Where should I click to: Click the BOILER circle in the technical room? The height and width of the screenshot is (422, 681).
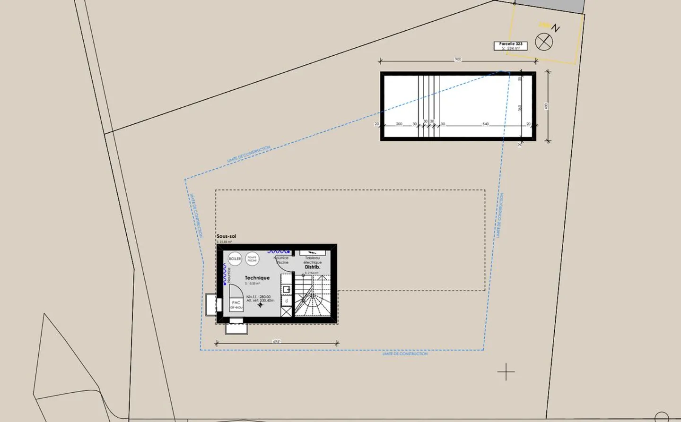click(235, 258)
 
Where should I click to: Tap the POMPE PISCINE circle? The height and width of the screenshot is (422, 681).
click(252, 258)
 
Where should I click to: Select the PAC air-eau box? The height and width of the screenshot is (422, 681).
click(236, 304)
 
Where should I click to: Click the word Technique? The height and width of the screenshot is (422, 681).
click(257, 278)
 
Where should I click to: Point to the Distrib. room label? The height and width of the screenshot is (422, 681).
click(312, 267)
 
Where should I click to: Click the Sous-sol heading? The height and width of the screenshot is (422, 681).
click(226, 236)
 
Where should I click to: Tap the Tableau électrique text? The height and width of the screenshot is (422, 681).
click(312, 260)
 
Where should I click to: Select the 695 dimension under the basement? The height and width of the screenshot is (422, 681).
click(277, 341)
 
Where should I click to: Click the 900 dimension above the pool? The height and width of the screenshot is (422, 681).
click(458, 60)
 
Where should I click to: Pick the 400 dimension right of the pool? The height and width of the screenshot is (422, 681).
click(546, 106)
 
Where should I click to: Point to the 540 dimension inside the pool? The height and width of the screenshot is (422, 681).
click(485, 124)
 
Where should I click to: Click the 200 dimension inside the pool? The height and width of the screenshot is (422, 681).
click(399, 124)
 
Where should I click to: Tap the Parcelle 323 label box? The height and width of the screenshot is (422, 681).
click(510, 46)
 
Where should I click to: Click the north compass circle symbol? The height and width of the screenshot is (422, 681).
click(544, 42)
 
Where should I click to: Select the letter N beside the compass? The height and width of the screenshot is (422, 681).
click(556, 28)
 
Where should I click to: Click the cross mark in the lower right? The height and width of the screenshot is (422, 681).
click(506, 372)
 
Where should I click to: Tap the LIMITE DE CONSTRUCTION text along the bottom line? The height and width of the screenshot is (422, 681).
click(405, 354)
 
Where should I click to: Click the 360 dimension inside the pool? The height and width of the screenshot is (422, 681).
click(520, 108)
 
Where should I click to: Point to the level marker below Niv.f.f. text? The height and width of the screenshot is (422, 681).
click(260, 305)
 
